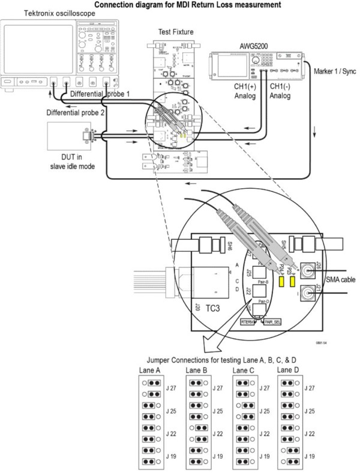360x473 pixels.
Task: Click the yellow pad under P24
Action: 280,280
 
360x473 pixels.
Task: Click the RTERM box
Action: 247,323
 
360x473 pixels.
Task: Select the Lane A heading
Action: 148,371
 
